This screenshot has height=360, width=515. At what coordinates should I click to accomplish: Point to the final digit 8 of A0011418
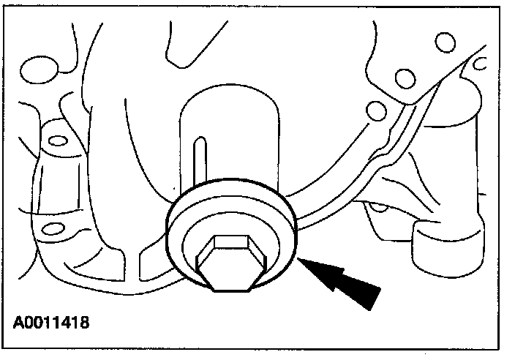(x=86, y=321)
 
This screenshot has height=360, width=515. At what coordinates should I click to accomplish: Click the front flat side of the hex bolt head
(x=228, y=277)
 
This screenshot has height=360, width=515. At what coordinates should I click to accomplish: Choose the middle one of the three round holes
(x=401, y=77)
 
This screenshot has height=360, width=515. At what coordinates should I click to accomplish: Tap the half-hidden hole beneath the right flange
(x=380, y=206)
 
